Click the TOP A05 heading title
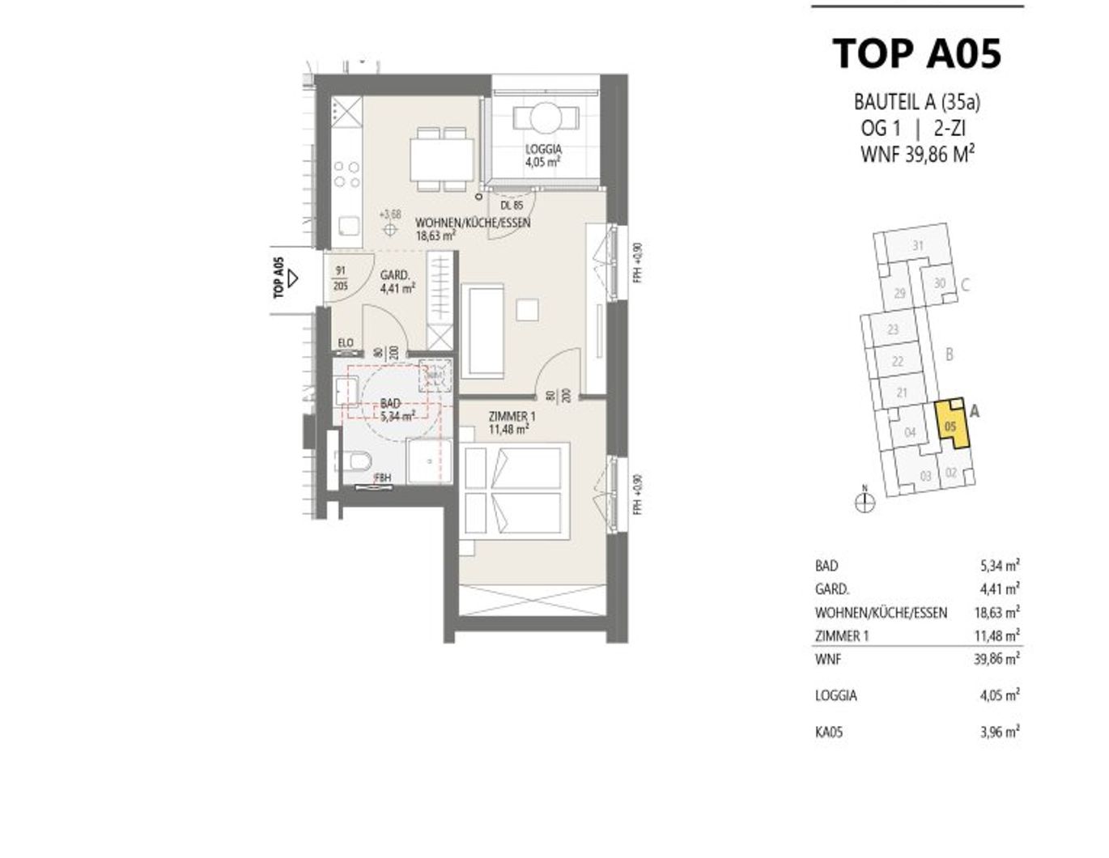tap(917, 53)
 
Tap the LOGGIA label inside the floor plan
tap(543, 149)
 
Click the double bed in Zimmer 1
tap(511, 491)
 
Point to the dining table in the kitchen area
tap(441, 159)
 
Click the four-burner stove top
tap(347, 175)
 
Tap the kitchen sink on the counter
tap(348, 227)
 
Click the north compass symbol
tap(865, 502)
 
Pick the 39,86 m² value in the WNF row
tap(996, 659)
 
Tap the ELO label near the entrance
tap(346, 343)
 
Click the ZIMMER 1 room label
tap(512, 417)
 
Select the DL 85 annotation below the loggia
tap(512, 206)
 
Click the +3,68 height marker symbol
tap(390, 229)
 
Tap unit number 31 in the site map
tap(917, 246)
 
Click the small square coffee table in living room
tap(527, 309)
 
